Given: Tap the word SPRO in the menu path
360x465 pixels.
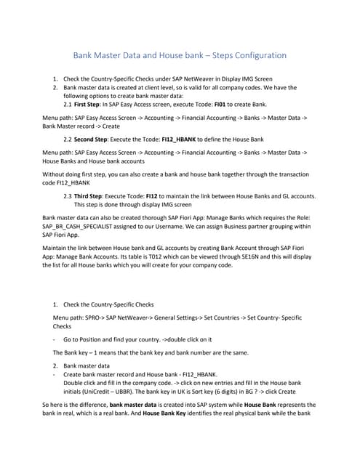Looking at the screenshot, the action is pos(94,318).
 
